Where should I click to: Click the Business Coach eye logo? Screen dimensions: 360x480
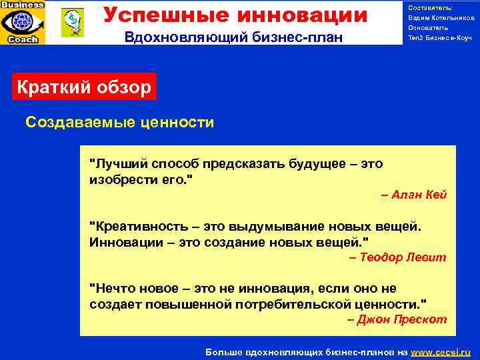tap(23, 22)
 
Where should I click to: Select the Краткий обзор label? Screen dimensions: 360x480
tap(84, 87)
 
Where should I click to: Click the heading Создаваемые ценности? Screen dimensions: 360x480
tap(119, 122)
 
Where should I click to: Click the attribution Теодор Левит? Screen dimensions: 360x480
tap(398, 257)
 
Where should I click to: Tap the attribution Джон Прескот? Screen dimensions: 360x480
tap(397, 319)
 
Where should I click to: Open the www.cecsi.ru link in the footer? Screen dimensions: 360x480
tap(440, 351)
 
